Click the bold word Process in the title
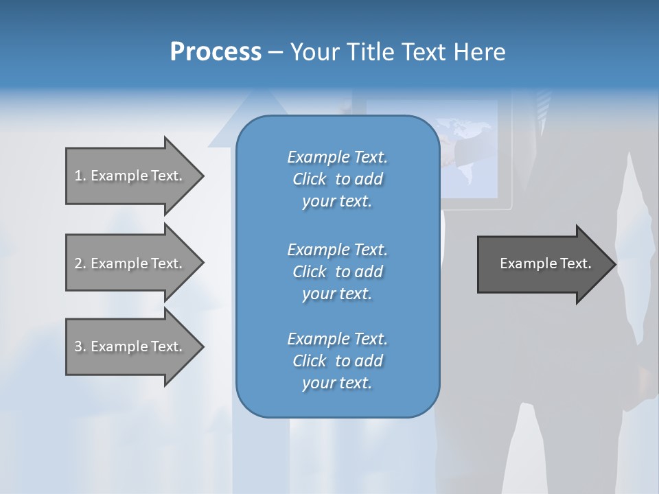pos(216,52)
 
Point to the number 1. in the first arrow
pos(80,176)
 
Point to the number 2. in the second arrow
pos(80,263)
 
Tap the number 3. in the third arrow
pos(80,346)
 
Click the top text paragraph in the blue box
pos(337,179)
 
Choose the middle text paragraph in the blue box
pos(337,272)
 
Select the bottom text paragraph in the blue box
pos(337,361)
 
